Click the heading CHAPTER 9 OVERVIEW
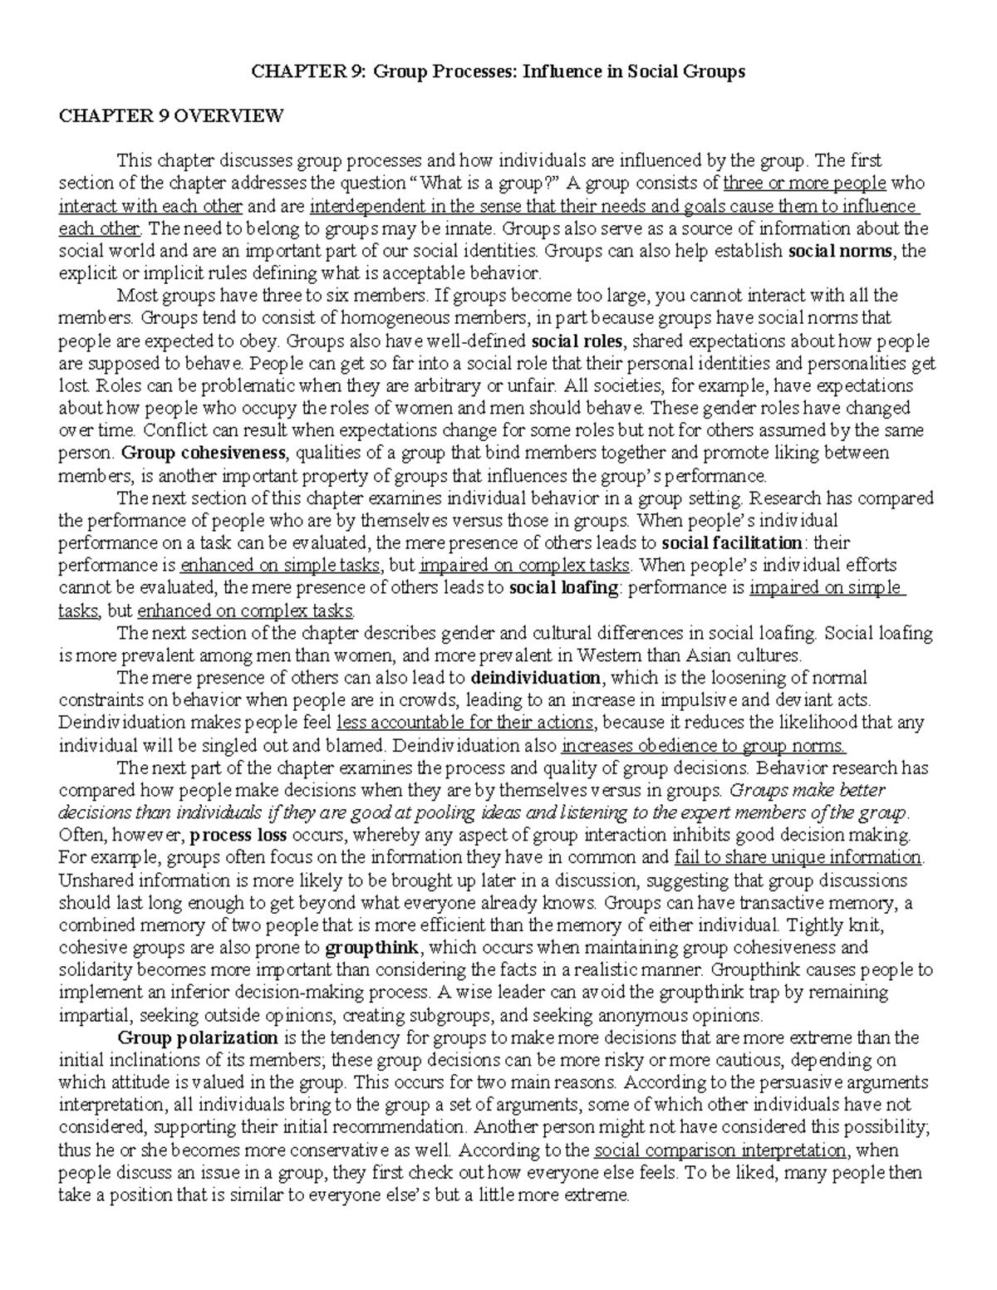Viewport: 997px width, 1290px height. (170, 116)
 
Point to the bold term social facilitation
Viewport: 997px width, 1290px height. (732, 543)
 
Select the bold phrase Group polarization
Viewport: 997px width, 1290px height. (198, 1037)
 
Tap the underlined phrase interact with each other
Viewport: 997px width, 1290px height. (150, 206)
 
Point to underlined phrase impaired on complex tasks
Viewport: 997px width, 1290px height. (525, 566)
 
